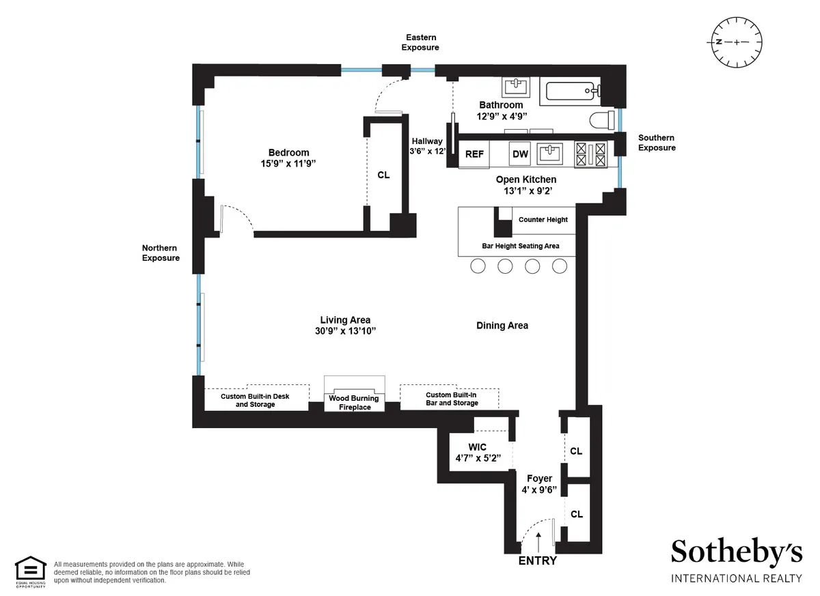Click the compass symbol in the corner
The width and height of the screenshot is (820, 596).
click(736, 42)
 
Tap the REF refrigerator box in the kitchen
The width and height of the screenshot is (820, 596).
click(474, 154)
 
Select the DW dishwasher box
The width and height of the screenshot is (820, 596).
click(521, 154)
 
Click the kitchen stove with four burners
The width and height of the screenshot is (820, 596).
click(591, 154)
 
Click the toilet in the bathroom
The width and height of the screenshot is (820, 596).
click(601, 120)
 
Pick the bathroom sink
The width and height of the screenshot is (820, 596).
click(516, 87)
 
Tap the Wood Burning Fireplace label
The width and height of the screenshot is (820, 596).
click(354, 403)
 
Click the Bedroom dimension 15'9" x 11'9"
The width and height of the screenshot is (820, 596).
click(288, 164)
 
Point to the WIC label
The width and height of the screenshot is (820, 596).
click(477, 447)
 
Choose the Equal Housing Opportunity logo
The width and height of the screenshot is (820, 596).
click(31, 571)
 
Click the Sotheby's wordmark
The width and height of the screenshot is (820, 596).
click(736, 552)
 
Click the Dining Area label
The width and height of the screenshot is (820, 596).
click(502, 326)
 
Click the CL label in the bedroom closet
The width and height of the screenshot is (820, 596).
click(383, 175)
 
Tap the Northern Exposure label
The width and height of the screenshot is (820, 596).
click(161, 253)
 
